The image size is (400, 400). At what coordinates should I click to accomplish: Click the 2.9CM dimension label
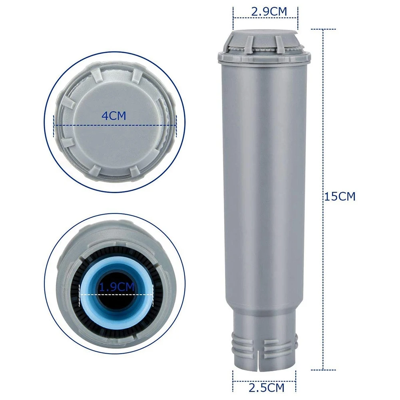(x=269, y=12)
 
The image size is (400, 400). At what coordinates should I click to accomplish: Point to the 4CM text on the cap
(x=114, y=116)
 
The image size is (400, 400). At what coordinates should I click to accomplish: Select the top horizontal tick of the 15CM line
(x=323, y=29)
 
